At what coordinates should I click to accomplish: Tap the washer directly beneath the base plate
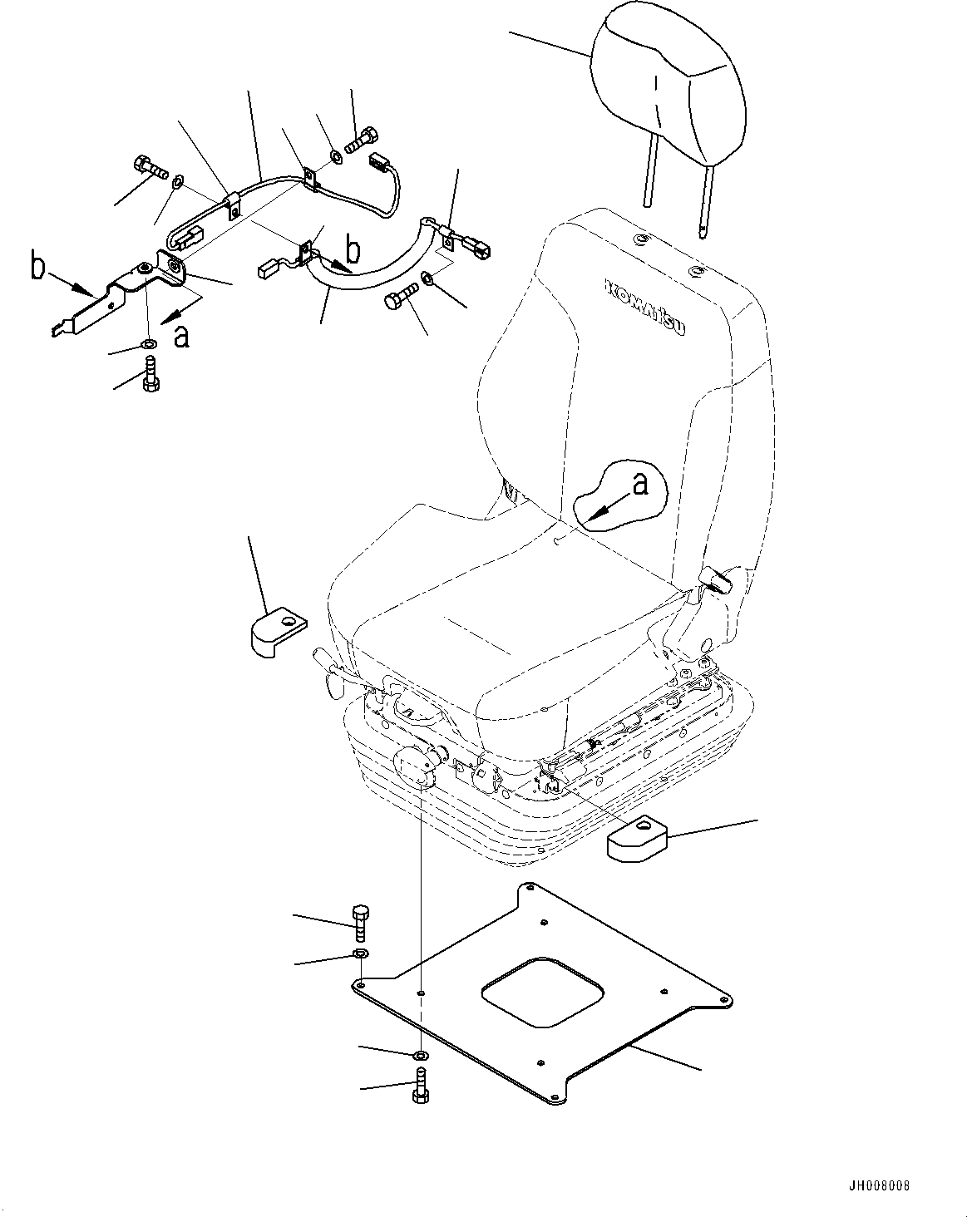[421, 1055]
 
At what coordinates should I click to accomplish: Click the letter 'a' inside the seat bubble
[639, 485]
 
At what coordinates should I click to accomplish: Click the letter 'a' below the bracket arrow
[181, 337]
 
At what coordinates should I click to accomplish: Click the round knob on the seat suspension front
[412, 764]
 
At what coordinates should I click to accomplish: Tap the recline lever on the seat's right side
[718, 579]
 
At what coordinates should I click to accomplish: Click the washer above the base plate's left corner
[360, 953]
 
